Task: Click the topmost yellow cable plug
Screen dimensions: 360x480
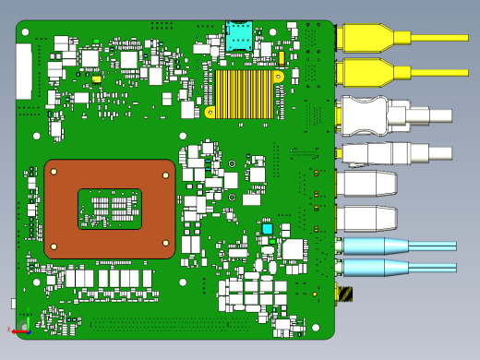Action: [365, 38]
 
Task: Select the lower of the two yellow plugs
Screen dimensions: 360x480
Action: [365, 71]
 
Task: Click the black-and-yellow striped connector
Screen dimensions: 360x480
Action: [344, 294]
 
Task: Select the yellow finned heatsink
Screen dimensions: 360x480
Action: [244, 94]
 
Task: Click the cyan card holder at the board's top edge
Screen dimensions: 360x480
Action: [239, 36]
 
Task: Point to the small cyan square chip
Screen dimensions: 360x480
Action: [267, 228]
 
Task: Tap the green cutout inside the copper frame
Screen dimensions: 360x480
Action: [109, 209]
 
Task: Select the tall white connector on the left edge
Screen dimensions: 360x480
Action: [23, 71]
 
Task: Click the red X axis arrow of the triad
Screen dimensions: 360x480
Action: [14, 330]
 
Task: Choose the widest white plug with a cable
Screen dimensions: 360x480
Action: [388, 115]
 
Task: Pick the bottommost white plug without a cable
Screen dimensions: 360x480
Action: [366, 219]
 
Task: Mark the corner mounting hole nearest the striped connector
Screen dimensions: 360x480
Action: [316, 327]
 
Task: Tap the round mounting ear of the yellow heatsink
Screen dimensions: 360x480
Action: [210, 113]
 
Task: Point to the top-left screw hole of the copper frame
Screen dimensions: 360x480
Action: [54, 171]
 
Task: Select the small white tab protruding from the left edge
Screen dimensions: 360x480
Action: [14, 303]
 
